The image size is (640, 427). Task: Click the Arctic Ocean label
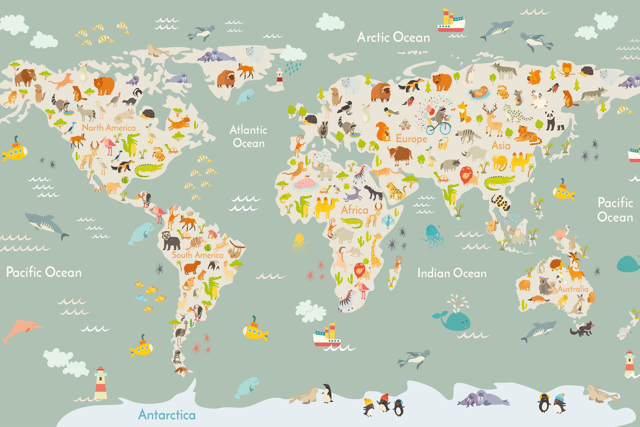pos(393,37)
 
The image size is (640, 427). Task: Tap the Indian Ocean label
pos(452,273)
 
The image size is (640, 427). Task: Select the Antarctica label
pos(167,415)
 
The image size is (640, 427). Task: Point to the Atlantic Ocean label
pos(249,136)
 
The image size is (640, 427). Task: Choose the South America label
pos(197,255)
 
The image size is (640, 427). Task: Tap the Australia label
pos(573,289)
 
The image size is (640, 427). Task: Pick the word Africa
pos(355,210)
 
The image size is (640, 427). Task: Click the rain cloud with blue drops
pos(293,58)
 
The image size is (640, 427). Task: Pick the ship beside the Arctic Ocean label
pos(451,22)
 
